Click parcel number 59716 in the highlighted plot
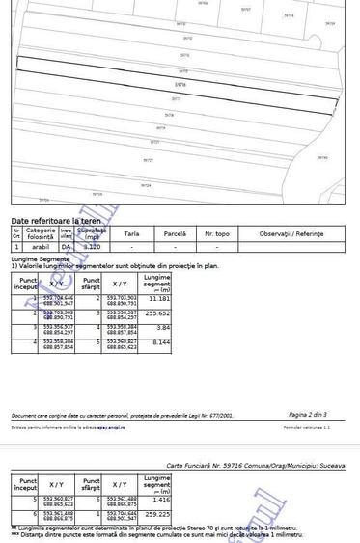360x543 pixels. pos(181,84)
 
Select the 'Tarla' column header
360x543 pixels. pos(131,234)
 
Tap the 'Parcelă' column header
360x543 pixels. pos(175,234)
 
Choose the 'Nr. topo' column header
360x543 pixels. pos(216,234)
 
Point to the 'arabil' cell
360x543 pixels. pos(40,248)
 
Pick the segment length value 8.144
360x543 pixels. pos(160,342)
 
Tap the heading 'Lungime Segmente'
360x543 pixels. pos(41,259)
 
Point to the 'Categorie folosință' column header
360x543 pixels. pos(41,232)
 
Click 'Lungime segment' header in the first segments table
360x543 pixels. pos(156,284)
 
